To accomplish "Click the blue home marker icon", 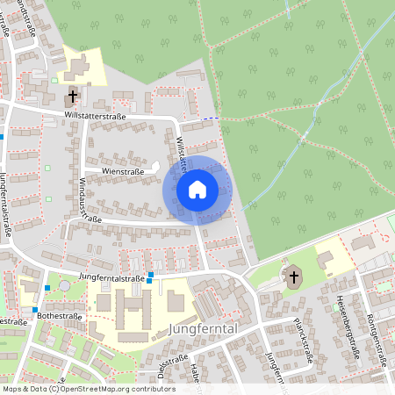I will click(197, 189).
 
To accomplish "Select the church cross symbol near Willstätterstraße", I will click(72, 95).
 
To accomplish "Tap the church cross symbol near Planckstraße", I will click(293, 278).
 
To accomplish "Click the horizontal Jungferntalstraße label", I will click(111, 277).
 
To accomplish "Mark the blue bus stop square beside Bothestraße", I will click(35, 310).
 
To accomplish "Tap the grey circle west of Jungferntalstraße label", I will click(64, 286).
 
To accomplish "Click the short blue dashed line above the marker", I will click(210, 118).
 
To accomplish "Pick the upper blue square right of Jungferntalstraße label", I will click(151, 275).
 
